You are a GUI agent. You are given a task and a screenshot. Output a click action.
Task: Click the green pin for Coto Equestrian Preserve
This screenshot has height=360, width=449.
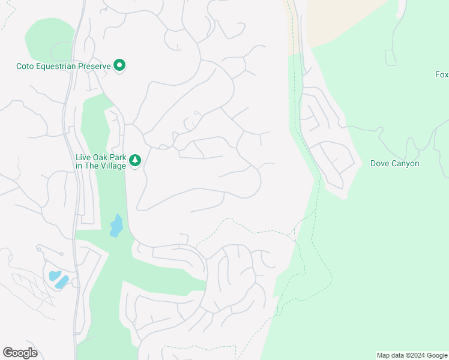(119, 65)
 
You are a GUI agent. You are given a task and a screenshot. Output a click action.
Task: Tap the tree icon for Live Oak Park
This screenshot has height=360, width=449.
(136, 160)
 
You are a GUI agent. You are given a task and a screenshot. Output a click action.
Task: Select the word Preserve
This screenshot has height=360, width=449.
(94, 65)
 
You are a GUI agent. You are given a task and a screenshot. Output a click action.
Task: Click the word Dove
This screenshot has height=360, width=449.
(380, 163)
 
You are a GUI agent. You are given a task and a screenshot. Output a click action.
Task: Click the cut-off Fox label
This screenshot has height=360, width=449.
(442, 74)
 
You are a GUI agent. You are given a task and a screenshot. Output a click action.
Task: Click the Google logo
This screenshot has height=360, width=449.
(20, 353)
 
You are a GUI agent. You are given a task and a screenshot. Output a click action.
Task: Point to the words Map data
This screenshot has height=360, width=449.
(391, 355)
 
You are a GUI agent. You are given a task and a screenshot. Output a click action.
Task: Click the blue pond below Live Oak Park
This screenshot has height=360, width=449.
(116, 226)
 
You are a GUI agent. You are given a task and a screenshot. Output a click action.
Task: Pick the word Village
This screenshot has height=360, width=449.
(113, 166)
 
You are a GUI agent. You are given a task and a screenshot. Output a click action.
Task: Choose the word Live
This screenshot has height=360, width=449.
(83, 157)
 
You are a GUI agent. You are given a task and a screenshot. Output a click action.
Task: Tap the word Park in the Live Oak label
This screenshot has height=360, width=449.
(117, 157)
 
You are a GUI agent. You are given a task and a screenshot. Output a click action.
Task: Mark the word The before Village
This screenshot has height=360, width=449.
(92, 166)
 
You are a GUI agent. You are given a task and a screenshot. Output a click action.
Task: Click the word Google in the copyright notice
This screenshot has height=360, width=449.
(436, 355)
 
